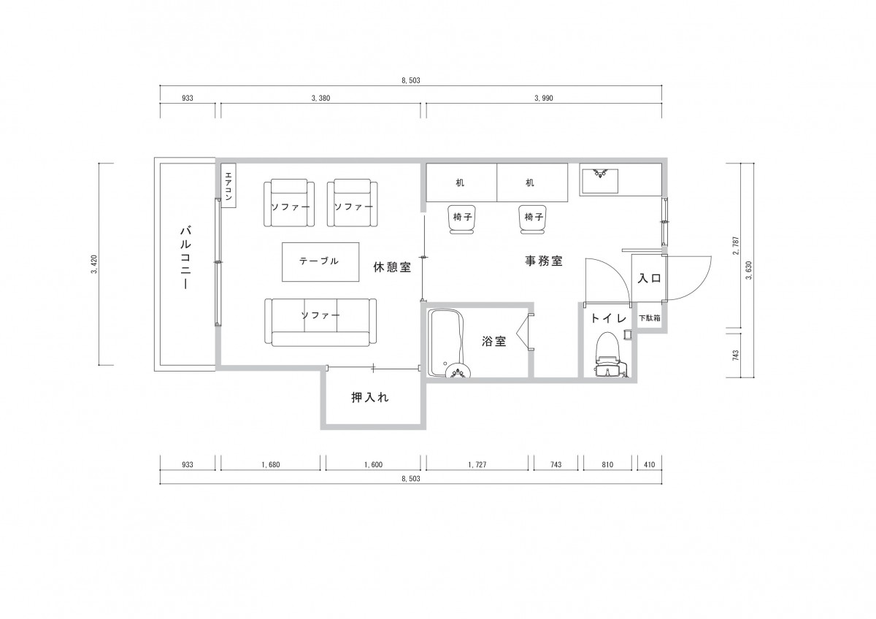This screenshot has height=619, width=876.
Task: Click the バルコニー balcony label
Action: (x=185, y=258)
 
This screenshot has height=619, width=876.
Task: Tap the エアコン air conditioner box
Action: (x=228, y=185)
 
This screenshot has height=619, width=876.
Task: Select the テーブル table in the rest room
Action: (x=320, y=261)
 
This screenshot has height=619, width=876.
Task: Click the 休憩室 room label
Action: (x=392, y=267)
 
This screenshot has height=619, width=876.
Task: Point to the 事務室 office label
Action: (x=544, y=261)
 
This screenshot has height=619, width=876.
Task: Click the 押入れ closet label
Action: (x=370, y=398)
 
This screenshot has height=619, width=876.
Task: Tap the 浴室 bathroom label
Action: (x=494, y=342)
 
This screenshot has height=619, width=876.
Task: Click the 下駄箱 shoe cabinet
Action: (x=650, y=318)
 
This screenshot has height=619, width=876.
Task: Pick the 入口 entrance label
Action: (x=649, y=278)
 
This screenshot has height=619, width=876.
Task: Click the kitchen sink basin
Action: (x=600, y=181)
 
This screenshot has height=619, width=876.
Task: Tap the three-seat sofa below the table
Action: (x=320, y=322)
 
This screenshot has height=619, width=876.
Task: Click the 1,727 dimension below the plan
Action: (x=477, y=464)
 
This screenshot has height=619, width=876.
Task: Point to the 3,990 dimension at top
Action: (x=544, y=98)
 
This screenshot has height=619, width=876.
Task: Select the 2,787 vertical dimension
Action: (x=736, y=245)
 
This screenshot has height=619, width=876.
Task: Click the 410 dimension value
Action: (x=649, y=464)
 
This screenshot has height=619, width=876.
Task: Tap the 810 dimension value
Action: (x=607, y=464)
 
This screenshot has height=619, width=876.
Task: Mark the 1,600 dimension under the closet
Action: (x=373, y=464)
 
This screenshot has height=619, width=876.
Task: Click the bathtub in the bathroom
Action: (x=447, y=343)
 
